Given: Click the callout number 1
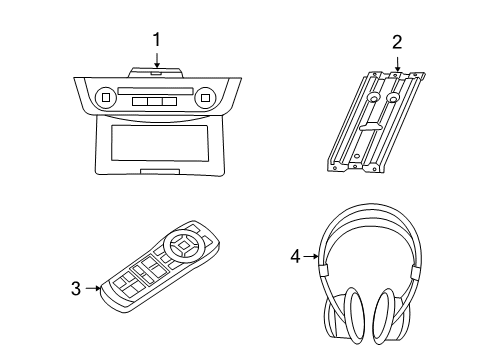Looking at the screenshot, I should pos(156,40).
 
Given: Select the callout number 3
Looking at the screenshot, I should pos(75,289).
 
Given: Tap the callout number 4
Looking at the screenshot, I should pos(293,256).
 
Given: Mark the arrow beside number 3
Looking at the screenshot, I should pos(93,289).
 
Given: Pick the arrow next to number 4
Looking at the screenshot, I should pos(310,256).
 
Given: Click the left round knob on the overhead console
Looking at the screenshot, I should pos(106,98).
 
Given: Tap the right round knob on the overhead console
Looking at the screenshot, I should pos(205,98).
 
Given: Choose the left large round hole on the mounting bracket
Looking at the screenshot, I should pos(372,100).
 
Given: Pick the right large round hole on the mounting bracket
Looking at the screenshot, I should pos(395,101).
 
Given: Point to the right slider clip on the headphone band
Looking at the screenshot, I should pos(415,271).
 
